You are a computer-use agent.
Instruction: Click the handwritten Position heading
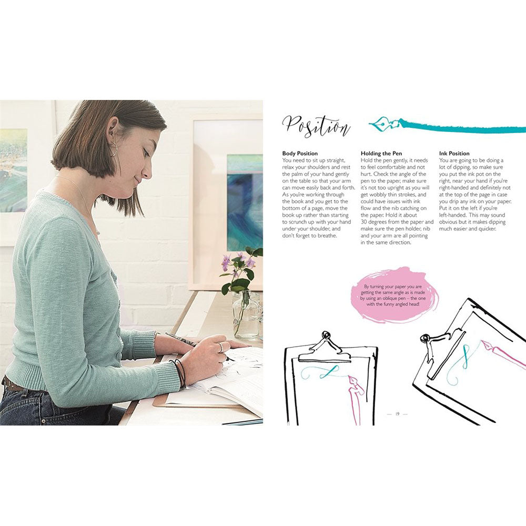coord(316,126)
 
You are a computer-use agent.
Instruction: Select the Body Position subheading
coord(300,154)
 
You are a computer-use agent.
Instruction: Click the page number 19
coord(397,414)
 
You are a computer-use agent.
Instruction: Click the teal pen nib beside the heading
coord(383,126)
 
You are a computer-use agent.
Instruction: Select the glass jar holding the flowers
coord(246,316)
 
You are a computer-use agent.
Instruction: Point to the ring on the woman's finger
coord(221,347)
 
